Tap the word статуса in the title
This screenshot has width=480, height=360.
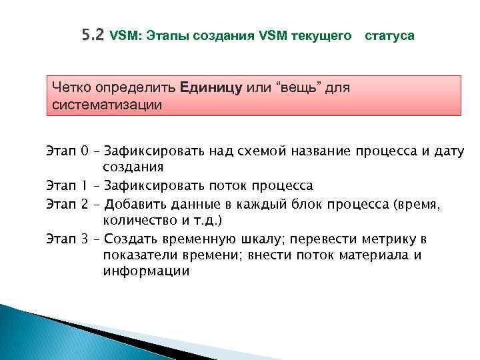point(390,36)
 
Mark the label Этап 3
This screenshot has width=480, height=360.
point(68,238)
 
